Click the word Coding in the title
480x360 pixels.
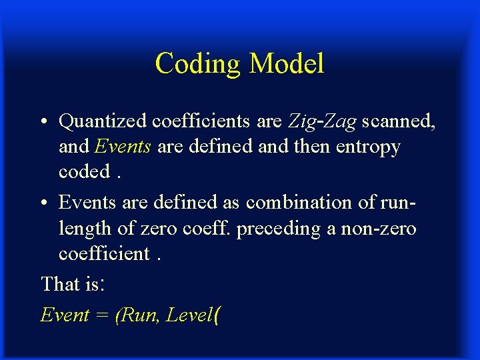(197, 64)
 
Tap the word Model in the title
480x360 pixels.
(286, 64)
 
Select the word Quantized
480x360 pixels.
(103, 121)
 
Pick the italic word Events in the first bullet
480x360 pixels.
(123, 146)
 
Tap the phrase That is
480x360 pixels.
(71, 284)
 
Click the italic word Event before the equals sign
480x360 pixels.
(65, 315)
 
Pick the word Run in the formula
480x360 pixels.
(138, 315)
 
